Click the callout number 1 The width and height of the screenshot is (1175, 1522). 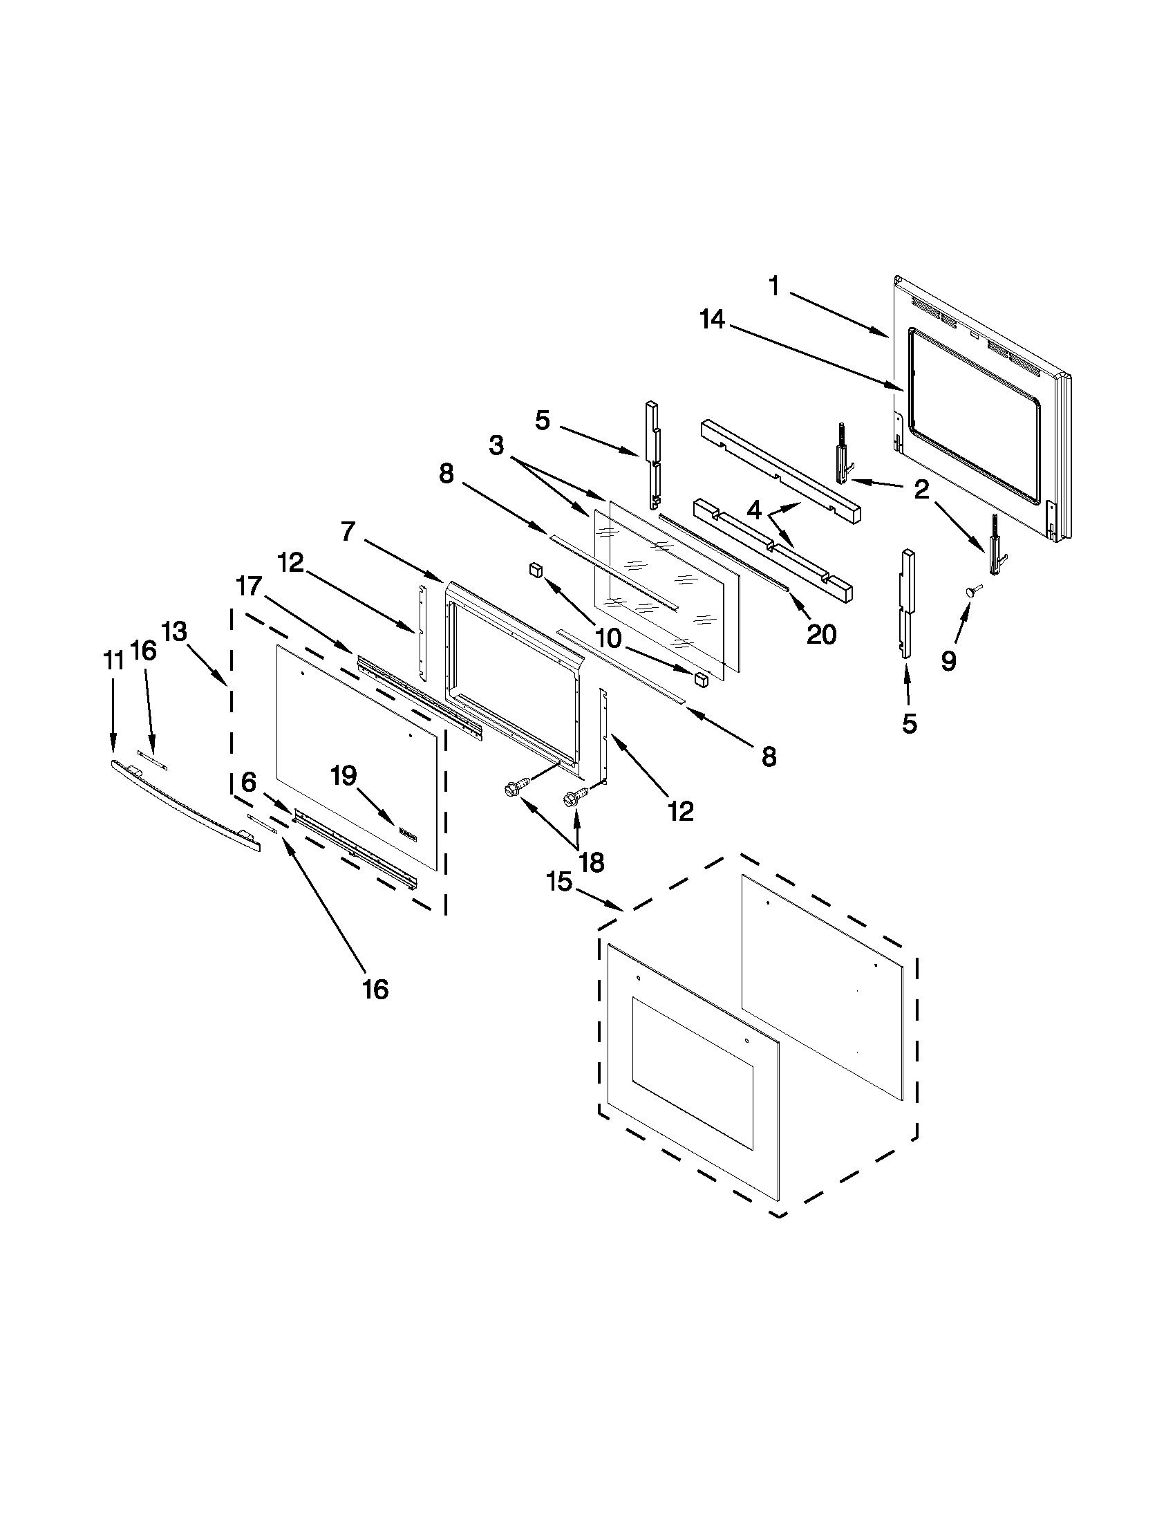pos(773,286)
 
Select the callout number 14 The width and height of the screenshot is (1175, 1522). pos(713,320)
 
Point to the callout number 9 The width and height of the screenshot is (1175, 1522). pos(948,660)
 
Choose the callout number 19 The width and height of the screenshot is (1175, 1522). pos(344,775)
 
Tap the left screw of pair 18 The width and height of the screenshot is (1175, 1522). pos(512,790)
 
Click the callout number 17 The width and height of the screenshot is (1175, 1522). pos(248,587)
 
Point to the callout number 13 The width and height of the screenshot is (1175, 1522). pos(174,631)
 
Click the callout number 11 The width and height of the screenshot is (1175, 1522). pos(113,660)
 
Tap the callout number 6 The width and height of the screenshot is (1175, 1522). pos(249,782)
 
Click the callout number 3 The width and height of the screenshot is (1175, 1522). pos(496,445)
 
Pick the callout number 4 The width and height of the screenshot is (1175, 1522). pos(753,511)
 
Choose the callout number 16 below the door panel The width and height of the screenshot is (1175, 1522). pos(375,989)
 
